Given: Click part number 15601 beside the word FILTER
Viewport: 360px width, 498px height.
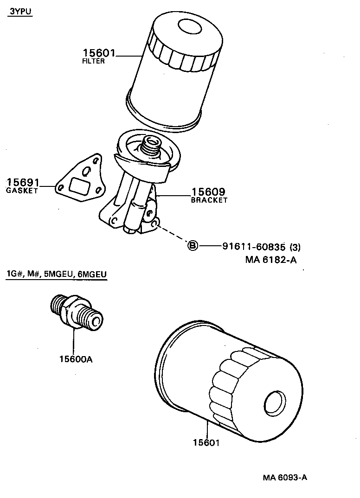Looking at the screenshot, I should click(x=99, y=54).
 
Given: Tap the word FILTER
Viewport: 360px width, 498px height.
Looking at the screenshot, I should click(x=93, y=62).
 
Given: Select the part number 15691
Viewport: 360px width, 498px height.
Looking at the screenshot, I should click(x=23, y=183).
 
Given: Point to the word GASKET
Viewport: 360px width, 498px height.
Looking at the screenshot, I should click(x=22, y=191).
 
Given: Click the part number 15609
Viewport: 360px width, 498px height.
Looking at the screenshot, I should click(x=208, y=192).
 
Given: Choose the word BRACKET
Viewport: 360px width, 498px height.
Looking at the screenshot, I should click(x=209, y=200).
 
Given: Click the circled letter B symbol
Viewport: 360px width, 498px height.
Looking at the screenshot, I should click(x=192, y=246).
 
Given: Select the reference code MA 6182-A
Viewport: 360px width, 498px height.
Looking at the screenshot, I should click(x=270, y=260).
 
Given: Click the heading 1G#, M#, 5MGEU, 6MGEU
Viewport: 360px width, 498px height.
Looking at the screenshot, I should click(x=57, y=275).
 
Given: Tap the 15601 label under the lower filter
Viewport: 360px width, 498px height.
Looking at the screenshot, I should click(x=206, y=443).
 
